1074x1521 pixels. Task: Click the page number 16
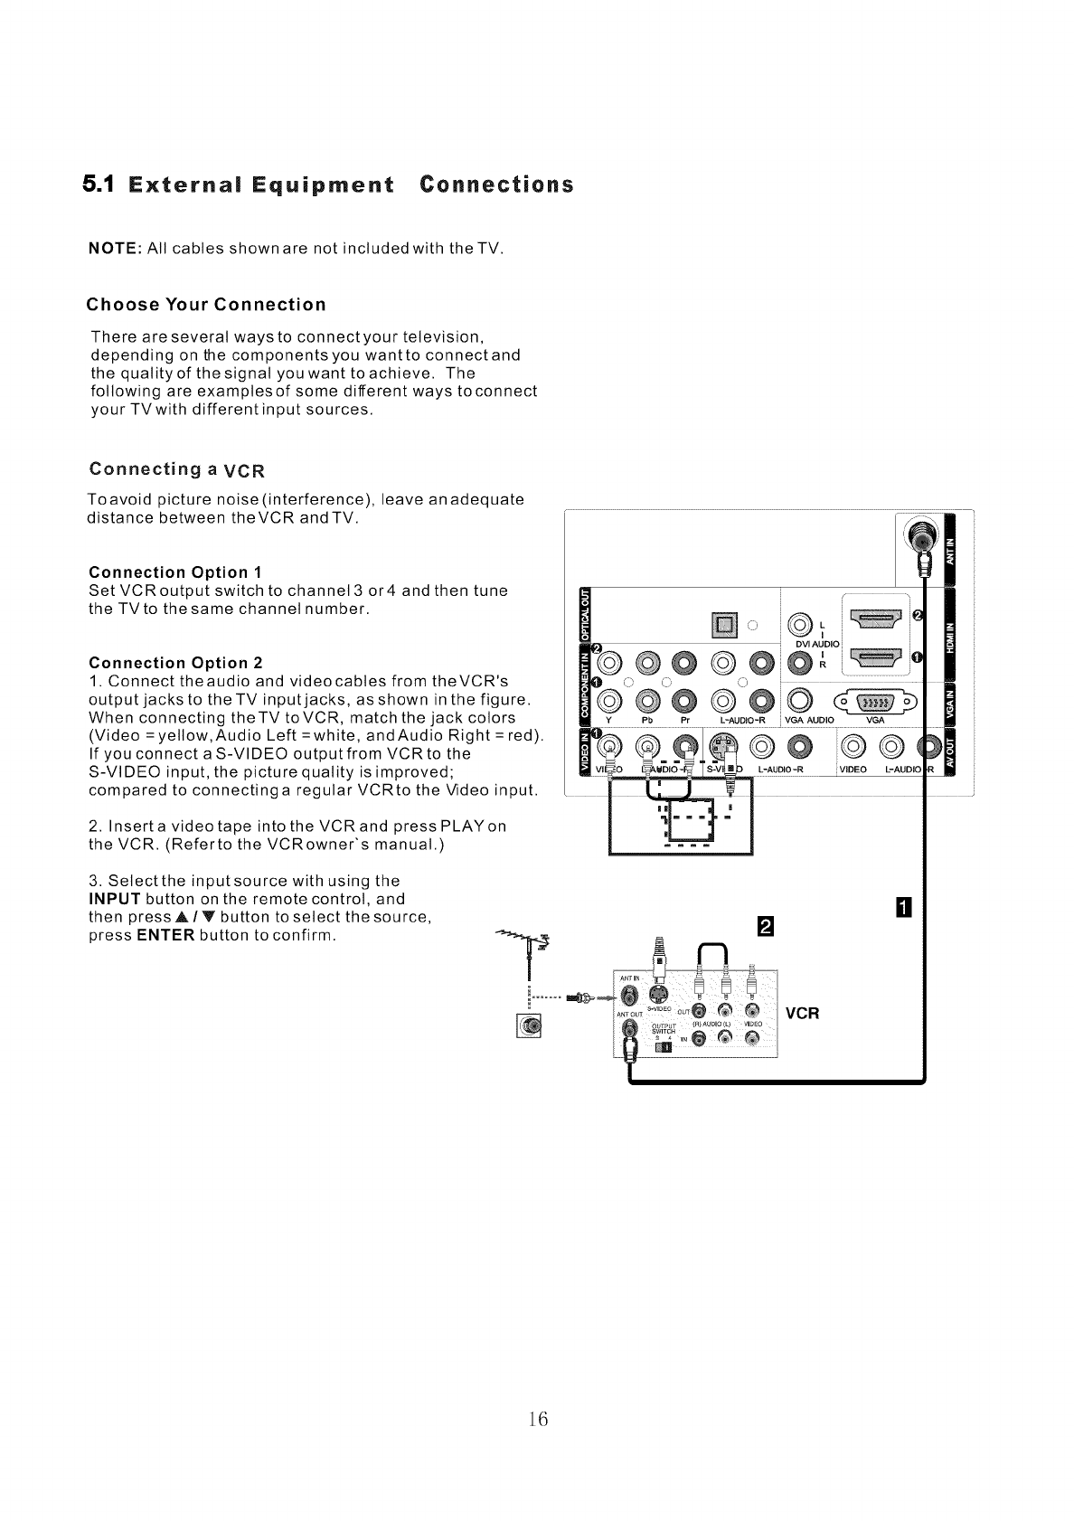click(x=539, y=1419)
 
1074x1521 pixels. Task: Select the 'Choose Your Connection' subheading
click(x=206, y=303)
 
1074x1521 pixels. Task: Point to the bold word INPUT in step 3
click(x=114, y=899)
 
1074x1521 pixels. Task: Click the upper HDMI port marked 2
click(x=873, y=619)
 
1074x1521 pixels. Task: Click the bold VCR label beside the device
click(x=802, y=1013)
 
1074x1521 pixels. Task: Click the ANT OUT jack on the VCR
click(x=631, y=1030)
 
